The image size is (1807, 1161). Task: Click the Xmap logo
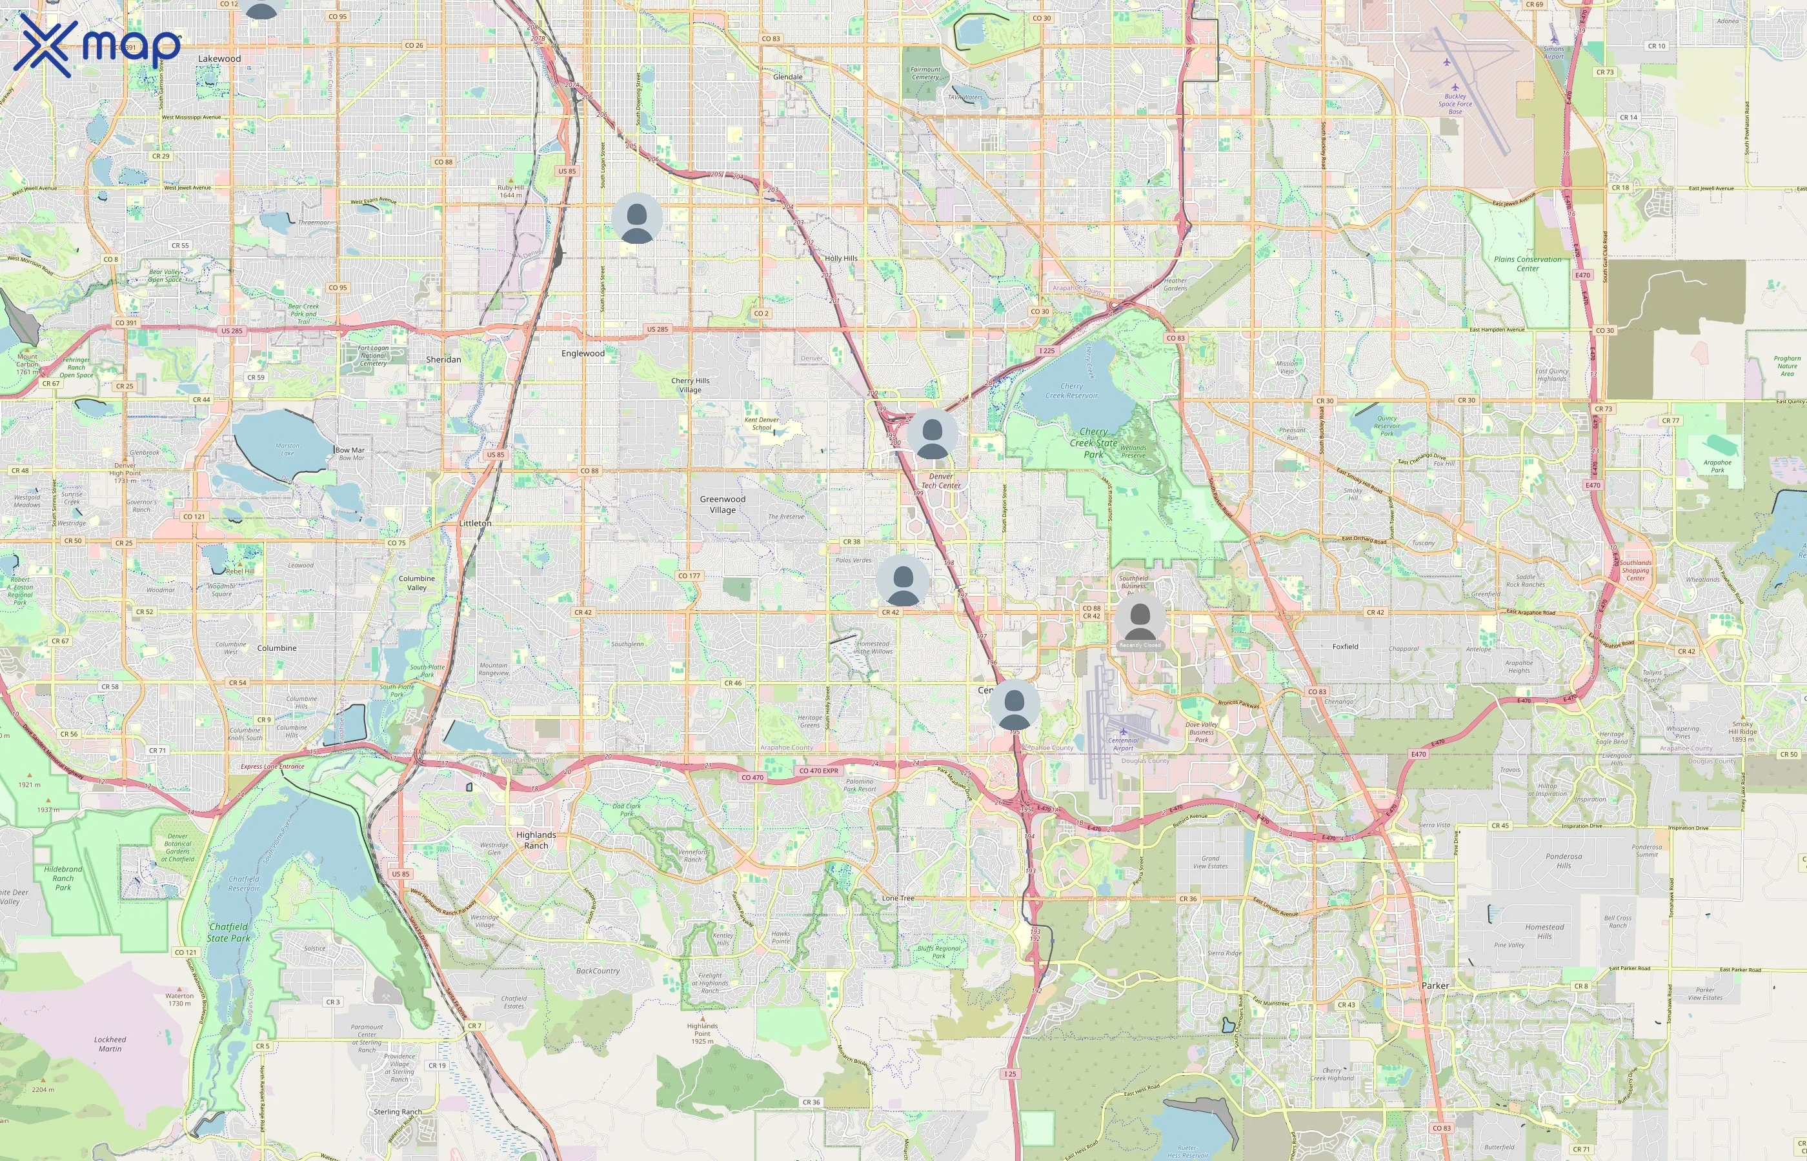97,45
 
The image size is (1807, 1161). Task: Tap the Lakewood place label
219,59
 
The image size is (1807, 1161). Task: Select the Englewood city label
583,353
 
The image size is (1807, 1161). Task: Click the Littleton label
475,523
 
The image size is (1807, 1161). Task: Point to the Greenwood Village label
723,504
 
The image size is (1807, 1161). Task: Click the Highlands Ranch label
536,840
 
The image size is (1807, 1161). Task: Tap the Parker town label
1435,986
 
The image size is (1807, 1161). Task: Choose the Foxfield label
1345,646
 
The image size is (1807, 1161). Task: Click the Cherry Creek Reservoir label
1072,390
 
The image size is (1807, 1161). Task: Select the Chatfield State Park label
228,933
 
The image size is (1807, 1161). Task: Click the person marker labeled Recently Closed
1140,620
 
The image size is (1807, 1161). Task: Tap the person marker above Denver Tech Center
932,435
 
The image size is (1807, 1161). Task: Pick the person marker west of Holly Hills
636,219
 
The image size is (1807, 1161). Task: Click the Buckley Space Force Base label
1455,104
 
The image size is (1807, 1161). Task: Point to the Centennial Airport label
1123,744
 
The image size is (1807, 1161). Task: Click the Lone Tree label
898,898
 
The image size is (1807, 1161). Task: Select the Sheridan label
443,360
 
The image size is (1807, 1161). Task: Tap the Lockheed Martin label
110,1044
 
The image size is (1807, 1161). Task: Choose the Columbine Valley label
416,583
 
